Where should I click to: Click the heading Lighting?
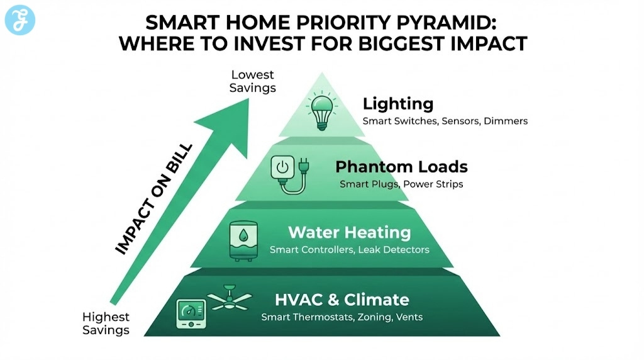pyautogui.click(x=398, y=104)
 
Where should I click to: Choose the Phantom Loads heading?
pyautogui.click(x=401, y=167)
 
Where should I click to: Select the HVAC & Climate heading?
pyautogui.click(x=342, y=300)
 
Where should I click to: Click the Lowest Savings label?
pyautogui.click(x=252, y=82)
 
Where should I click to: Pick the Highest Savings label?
pyautogui.click(x=106, y=323)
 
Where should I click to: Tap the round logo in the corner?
pyautogui.click(x=20, y=20)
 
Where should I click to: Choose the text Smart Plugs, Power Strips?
pyautogui.click(x=401, y=184)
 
